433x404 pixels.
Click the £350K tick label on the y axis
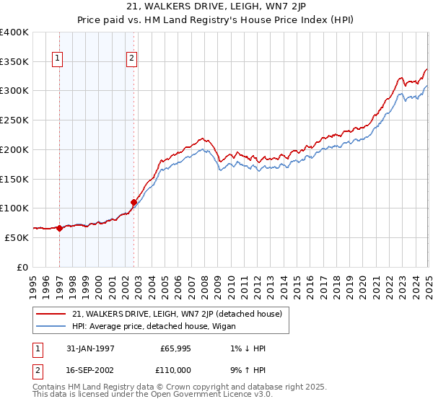[x=14, y=61]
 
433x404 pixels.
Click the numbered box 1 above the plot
[x=57, y=59]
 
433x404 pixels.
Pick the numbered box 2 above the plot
[x=132, y=59]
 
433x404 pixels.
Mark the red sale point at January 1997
[x=59, y=228]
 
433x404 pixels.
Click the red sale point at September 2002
[x=134, y=202]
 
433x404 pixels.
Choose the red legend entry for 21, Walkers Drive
[x=180, y=314]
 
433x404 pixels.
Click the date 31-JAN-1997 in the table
[x=87, y=348]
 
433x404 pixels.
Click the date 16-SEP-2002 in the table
[x=87, y=369]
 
